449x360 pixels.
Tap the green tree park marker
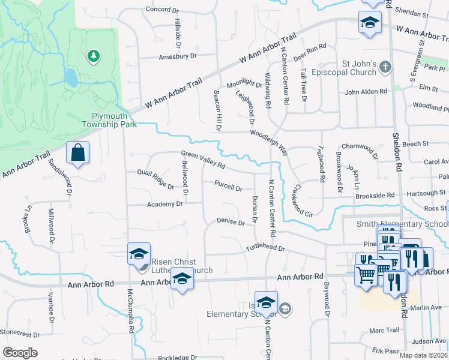tap(93, 56)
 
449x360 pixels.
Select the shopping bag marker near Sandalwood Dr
tap(77, 153)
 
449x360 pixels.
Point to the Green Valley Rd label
tap(203, 160)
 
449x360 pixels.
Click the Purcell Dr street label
tap(228, 188)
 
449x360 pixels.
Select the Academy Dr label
tap(164, 205)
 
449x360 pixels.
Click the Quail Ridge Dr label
tap(155, 179)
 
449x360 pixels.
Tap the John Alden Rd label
tap(366, 92)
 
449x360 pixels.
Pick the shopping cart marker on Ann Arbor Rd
tap(366, 275)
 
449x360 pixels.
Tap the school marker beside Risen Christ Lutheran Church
tap(139, 254)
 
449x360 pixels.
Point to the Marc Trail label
tap(384, 331)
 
